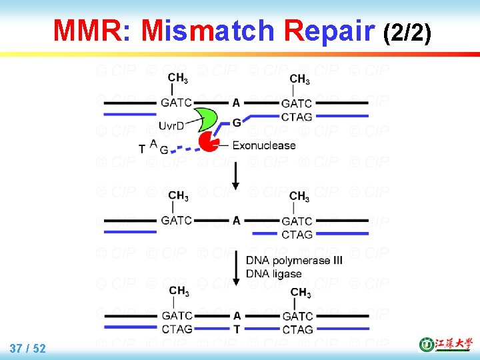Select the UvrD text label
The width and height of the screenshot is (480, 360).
click(171, 125)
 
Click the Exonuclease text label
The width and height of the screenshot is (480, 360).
click(264, 145)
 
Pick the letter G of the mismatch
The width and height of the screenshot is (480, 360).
click(237, 123)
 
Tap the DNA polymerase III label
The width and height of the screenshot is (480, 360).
click(294, 261)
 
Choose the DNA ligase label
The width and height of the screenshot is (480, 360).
click(273, 273)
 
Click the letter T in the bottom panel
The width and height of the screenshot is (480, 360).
click(237, 329)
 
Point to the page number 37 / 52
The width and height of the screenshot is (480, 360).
click(28, 348)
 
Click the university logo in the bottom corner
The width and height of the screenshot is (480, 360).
click(444, 345)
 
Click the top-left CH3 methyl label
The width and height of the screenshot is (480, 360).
click(177, 79)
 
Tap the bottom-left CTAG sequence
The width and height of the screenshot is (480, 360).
click(177, 329)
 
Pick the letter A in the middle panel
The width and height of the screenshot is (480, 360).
click(237, 220)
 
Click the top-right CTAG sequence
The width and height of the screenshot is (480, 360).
click(297, 117)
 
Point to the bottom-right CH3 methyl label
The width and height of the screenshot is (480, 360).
click(300, 293)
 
